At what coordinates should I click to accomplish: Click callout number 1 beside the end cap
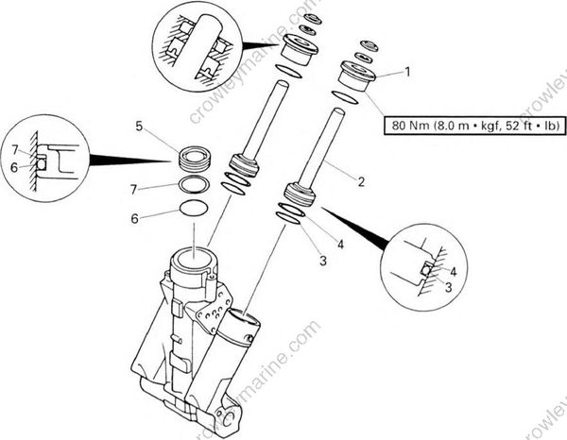coord(407,71)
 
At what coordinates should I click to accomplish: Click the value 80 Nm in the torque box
coord(408,125)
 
